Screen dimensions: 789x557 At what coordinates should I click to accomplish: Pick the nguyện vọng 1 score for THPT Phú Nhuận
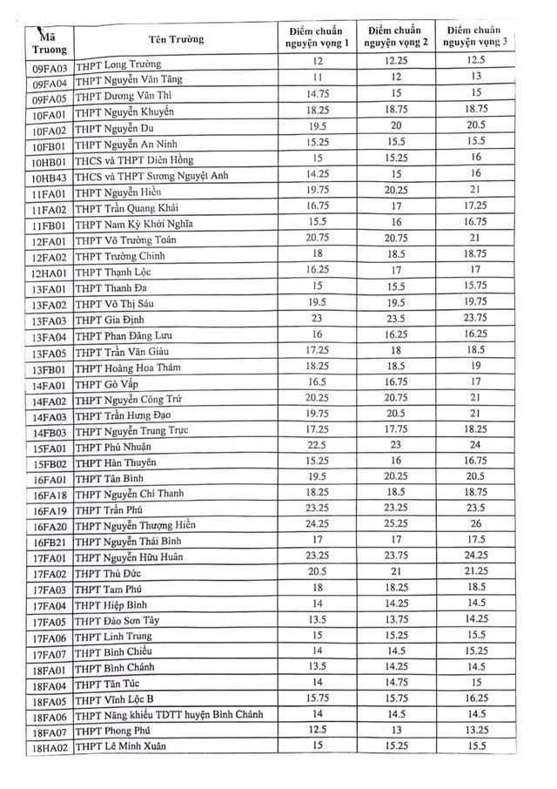[318, 445]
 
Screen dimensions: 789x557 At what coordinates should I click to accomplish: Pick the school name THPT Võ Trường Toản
[127, 240]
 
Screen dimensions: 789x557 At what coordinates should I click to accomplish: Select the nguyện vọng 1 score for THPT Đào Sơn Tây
[318, 619]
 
